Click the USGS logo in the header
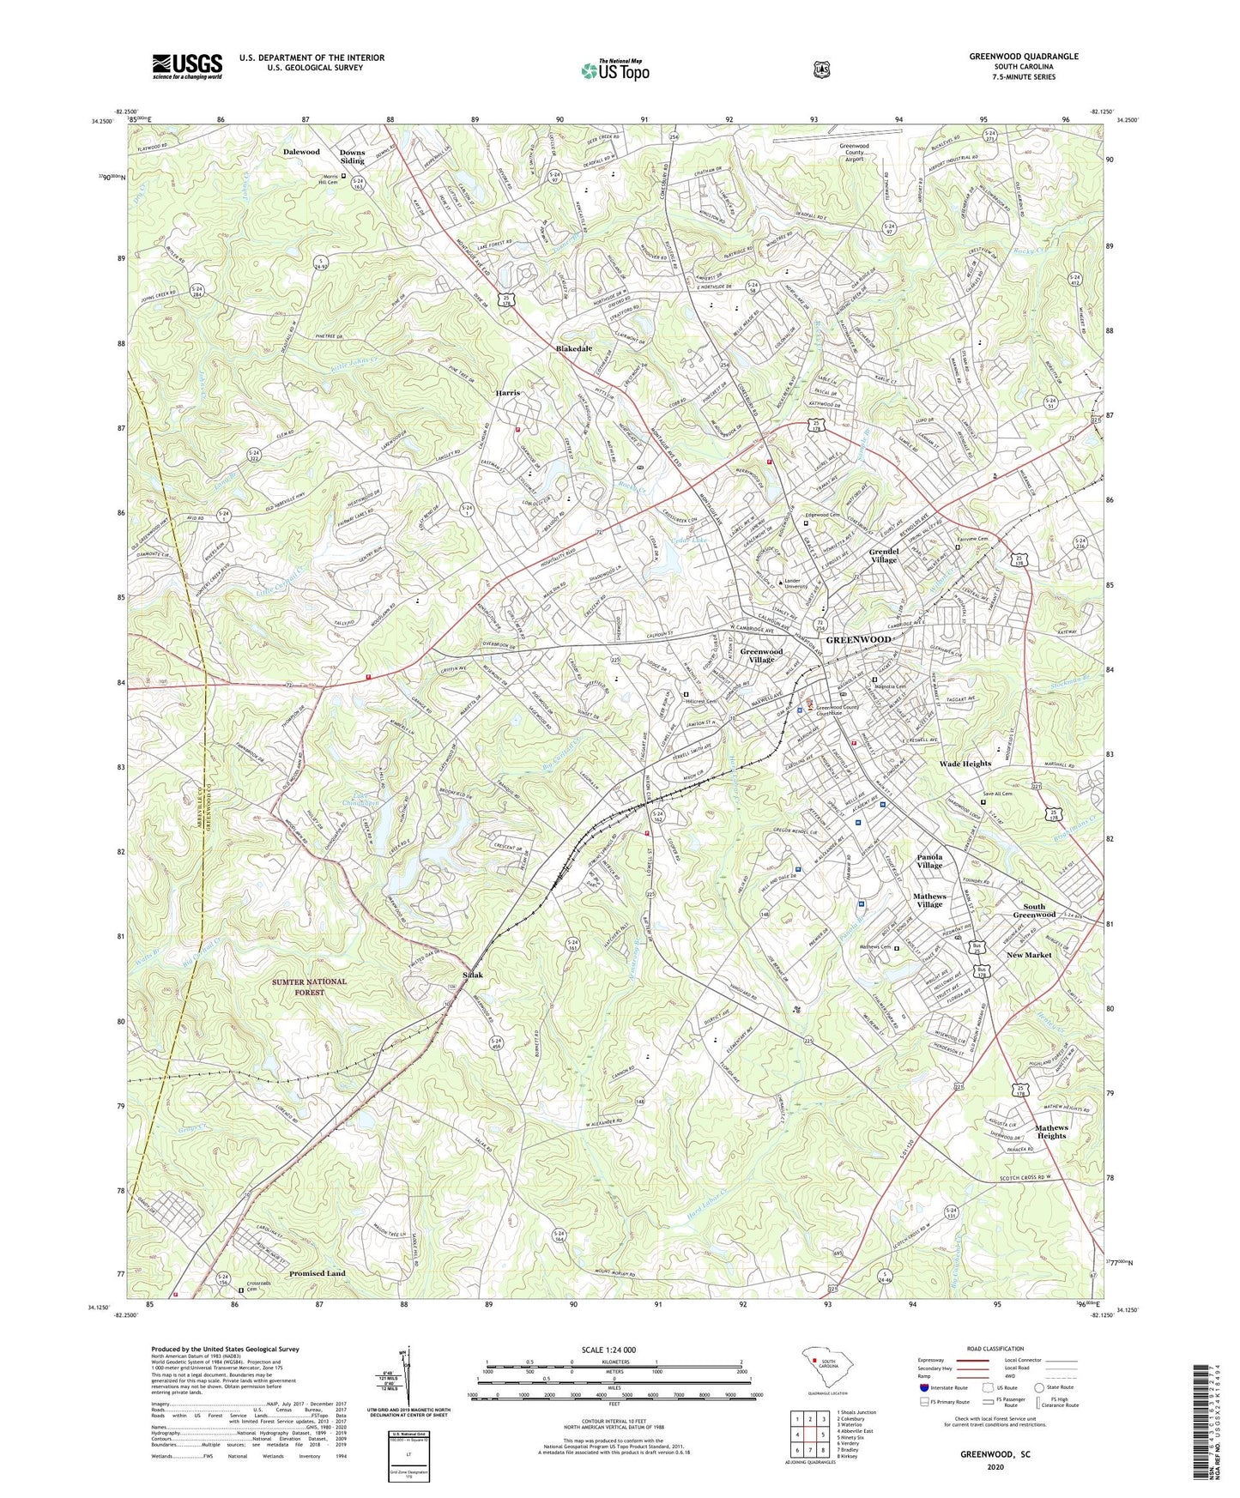pos(187,65)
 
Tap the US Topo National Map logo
pos(614,69)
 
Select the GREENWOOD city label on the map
pos(857,640)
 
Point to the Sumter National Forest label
pos(311,986)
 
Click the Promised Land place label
pos(318,1273)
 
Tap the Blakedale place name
pos(574,349)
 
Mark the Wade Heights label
pos(965,764)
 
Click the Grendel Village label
pos(884,555)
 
